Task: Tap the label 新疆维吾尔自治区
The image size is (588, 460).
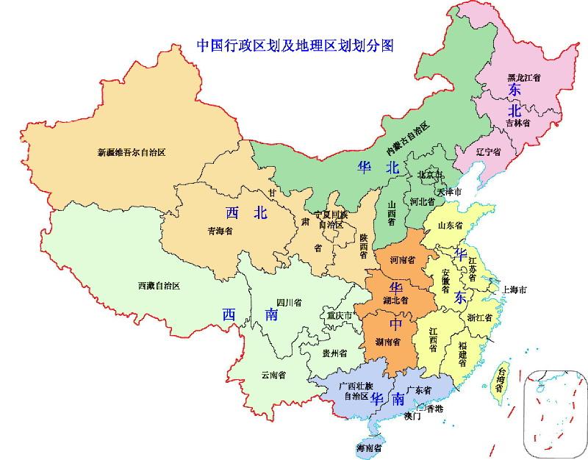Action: point(132,153)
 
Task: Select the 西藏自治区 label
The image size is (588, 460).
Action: point(159,284)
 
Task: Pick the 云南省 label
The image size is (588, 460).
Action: point(273,375)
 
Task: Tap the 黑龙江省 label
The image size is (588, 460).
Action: point(525,76)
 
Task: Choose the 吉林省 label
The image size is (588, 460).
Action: point(517,123)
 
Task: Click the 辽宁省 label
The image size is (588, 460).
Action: point(487,151)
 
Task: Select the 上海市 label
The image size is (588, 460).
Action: point(514,290)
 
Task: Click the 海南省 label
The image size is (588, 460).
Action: point(369,448)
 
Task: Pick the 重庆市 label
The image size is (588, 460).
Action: point(340,316)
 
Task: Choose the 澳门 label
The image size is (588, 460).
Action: point(412,416)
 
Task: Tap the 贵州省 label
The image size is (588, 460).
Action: point(334,353)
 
